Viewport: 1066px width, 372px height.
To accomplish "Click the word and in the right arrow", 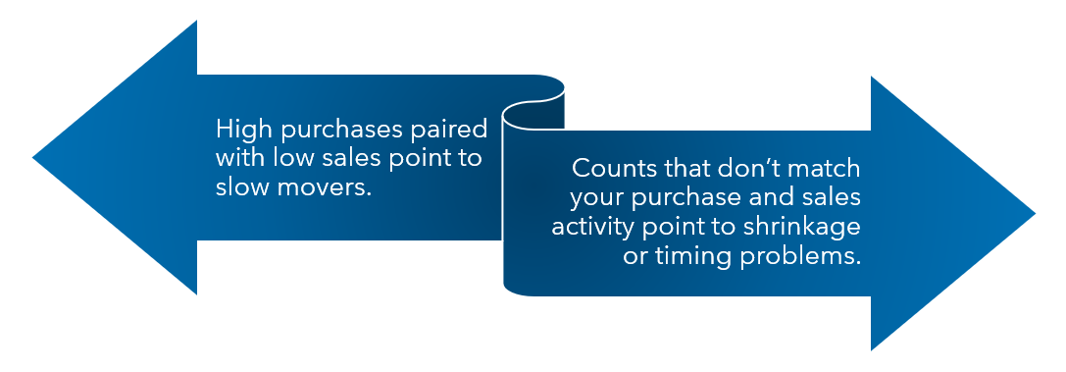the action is pyautogui.click(x=773, y=197).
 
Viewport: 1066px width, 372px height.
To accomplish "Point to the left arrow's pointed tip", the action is pyautogui.click(x=32, y=158).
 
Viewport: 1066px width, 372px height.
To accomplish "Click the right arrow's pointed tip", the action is pyautogui.click(x=1036, y=214).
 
